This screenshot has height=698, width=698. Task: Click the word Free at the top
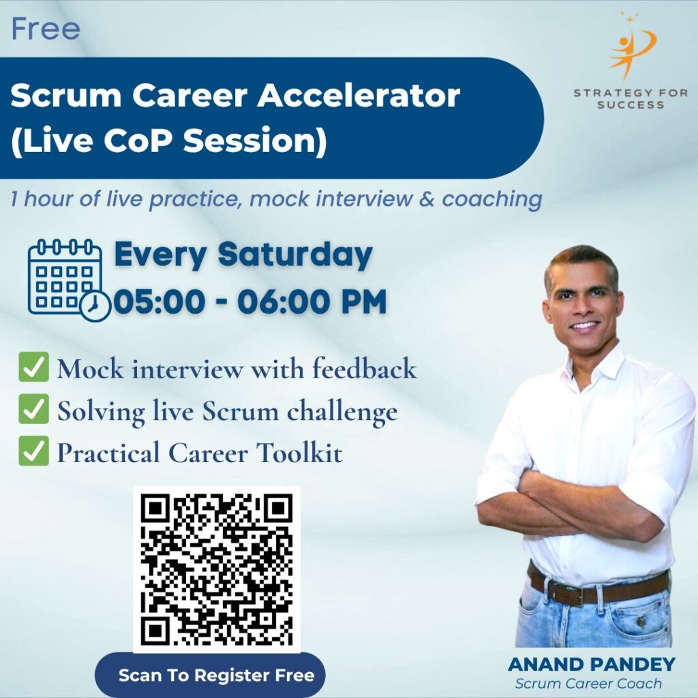46,29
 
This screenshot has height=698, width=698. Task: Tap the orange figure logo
632,46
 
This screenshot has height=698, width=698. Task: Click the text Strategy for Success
631,99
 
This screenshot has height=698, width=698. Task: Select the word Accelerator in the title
359,95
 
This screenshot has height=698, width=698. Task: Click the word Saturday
295,255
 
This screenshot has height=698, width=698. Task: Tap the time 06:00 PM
312,302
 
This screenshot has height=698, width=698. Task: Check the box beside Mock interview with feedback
34,366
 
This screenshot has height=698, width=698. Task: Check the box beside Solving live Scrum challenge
34,409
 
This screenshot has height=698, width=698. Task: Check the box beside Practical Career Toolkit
34,451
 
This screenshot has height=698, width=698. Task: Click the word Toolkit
299,453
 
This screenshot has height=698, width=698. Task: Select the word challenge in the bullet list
342,412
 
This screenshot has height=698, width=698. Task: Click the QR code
217,569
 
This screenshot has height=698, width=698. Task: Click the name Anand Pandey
591,664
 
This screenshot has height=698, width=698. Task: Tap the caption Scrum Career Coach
588,683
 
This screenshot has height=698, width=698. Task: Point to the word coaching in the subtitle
491,199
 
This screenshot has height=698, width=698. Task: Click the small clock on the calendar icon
95,306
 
